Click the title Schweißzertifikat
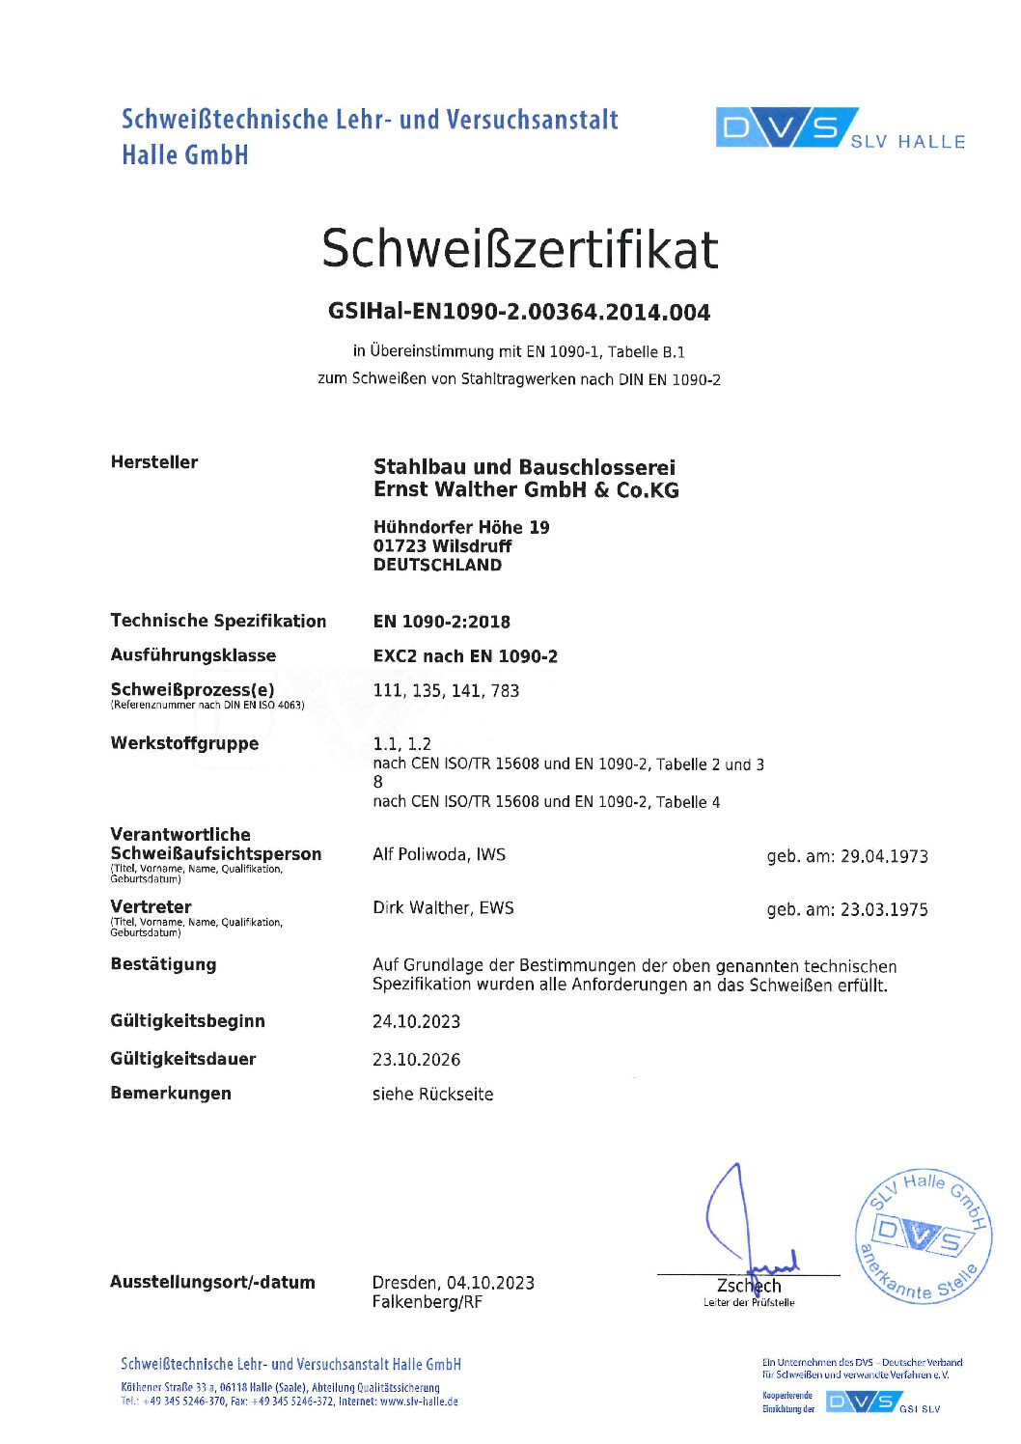(x=519, y=249)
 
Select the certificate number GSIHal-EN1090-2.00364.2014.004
(x=519, y=313)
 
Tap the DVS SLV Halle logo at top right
(x=840, y=129)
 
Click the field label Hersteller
(x=154, y=462)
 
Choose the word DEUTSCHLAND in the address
(x=437, y=566)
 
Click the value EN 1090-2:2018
(x=442, y=623)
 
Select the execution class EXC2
(x=395, y=657)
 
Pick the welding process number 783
(x=505, y=691)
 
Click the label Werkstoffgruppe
(x=184, y=744)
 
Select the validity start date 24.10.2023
(x=417, y=1022)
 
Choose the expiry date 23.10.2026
(x=417, y=1060)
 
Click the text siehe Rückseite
(x=433, y=1095)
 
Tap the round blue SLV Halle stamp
(x=923, y=1236)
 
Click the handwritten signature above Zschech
(x=743, y=1226)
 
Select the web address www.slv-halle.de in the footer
(x=419, y=1402)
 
